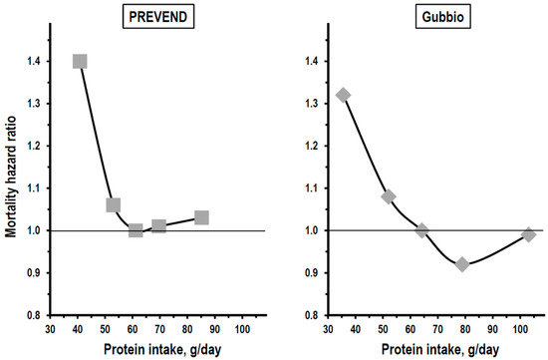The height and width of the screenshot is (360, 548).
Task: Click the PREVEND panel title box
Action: (158, 17)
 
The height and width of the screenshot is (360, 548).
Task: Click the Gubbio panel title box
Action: (442, 17)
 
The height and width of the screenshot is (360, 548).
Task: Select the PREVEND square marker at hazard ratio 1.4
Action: (80, 61)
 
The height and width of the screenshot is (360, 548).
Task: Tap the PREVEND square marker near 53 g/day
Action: (114, 205)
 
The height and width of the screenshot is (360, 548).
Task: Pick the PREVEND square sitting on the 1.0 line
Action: (136, 230)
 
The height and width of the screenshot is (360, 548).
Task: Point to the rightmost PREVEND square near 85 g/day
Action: (201, 217)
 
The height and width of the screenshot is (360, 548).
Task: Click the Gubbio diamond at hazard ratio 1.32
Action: (343, 95)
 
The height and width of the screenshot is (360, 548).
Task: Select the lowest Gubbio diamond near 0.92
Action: (462, 264)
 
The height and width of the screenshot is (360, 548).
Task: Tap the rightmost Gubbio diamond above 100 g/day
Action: (529, 234)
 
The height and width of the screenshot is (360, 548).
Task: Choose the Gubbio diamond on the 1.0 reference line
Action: (421, 230)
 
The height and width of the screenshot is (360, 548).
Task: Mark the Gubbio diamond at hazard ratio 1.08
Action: (389, 196)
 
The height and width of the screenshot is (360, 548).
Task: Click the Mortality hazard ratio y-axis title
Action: (11, 178)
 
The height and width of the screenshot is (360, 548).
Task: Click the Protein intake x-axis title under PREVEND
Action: (162, 349)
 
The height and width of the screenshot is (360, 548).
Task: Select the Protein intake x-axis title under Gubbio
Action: (440, 349)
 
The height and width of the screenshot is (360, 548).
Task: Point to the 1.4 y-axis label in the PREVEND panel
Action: (34, 62)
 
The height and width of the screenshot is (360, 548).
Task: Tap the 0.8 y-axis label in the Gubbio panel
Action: (312, 315)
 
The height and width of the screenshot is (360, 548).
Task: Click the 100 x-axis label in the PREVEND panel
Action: (242, 329)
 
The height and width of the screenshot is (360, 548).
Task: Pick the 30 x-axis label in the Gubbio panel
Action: (328, 329)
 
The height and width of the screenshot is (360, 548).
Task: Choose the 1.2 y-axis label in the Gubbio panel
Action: (312, 146)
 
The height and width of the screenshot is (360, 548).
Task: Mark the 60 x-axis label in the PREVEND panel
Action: (133, 329)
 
